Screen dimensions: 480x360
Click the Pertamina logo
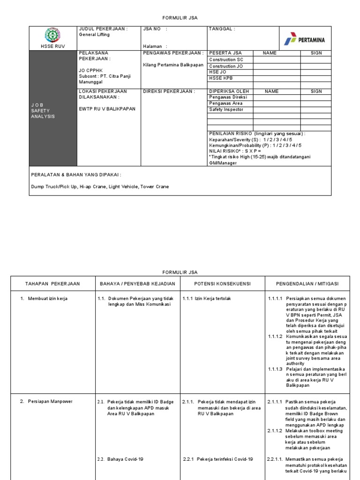click(x=304, y=40)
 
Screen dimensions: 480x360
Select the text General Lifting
click(x=94, y=35)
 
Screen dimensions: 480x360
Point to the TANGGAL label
click(x=222, y=29)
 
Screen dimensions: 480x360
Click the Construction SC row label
click(x=226, y=60)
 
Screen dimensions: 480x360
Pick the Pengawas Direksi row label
click(x=228, y=97)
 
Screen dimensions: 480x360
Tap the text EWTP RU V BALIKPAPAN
click(x=107, y=109)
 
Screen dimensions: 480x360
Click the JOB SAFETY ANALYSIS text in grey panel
click(x=43, y=110)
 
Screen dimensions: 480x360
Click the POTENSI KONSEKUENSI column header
click(x=223, y=284)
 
